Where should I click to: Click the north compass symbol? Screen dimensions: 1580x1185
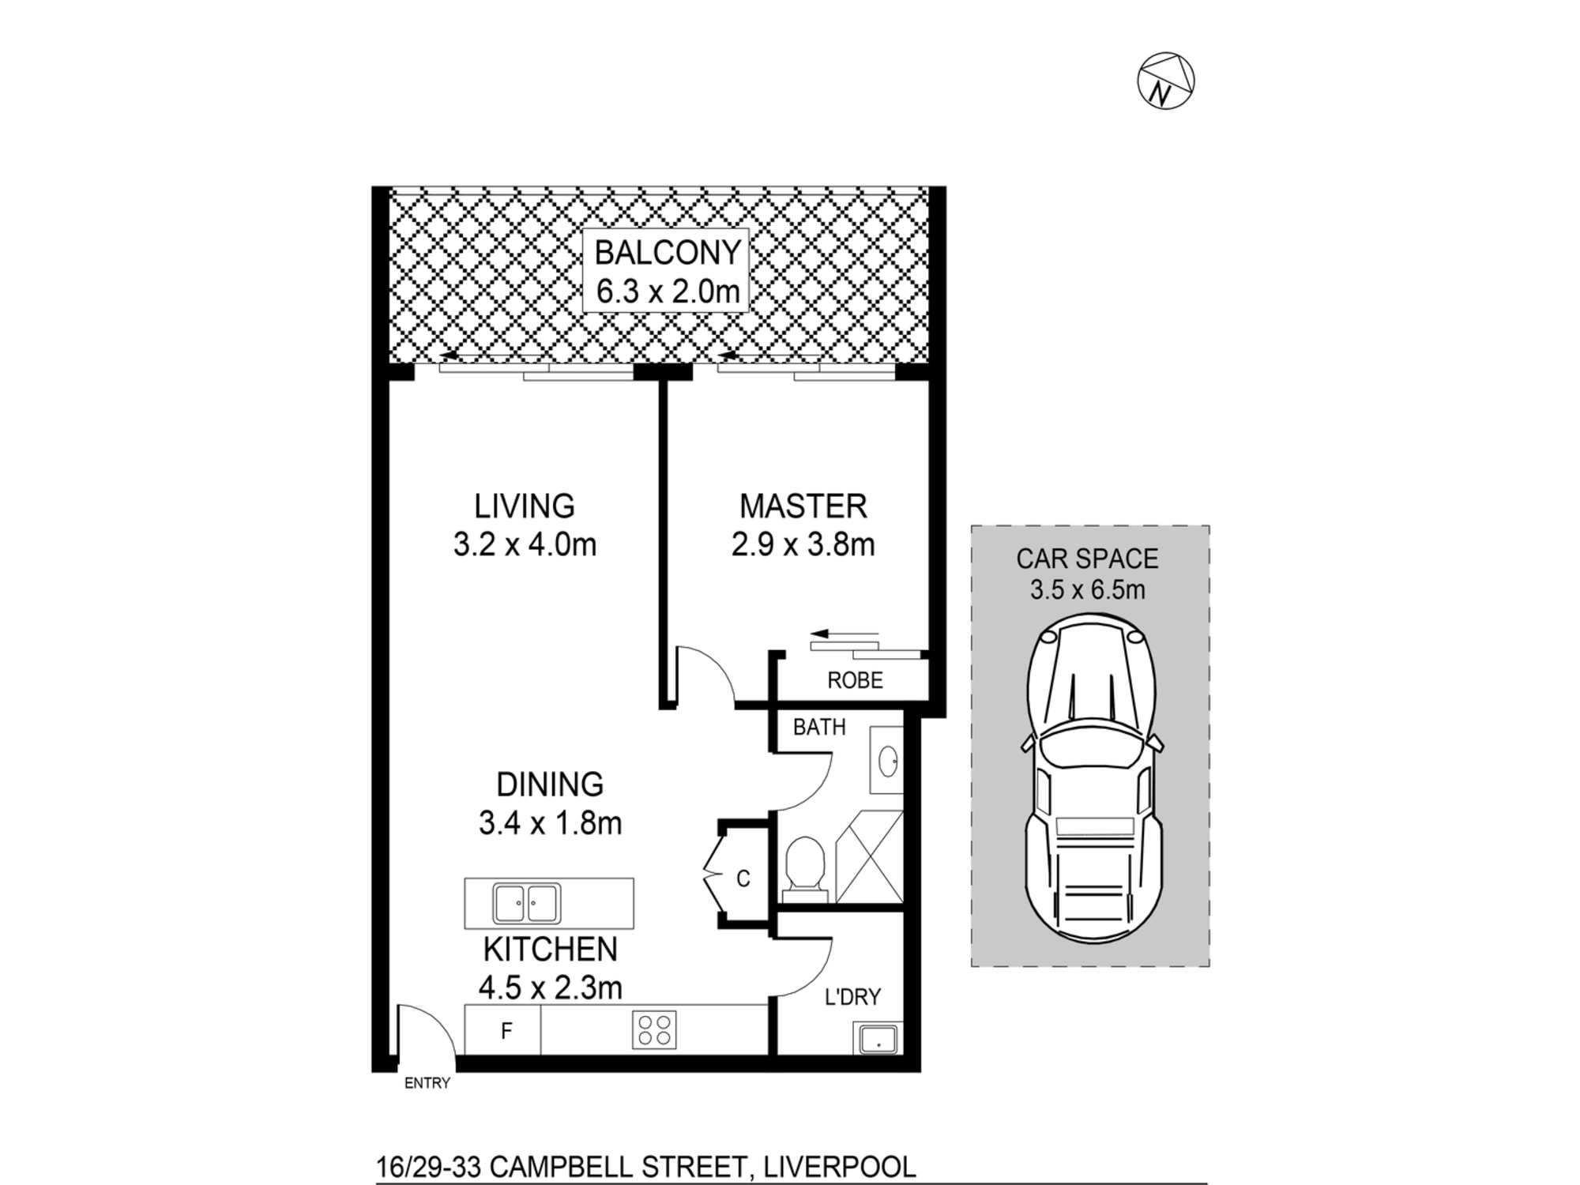(x=1165, y=81)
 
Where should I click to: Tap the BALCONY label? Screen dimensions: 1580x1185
(x=668, y=253)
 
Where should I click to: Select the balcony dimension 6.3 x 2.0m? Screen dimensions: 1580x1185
(x=668, y=292)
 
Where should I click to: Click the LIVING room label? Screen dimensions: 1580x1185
(x=524, y=506)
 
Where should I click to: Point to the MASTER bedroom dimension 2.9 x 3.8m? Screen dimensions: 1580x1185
(x=803, y=545)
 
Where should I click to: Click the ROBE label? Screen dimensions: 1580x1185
(x=855, y=680)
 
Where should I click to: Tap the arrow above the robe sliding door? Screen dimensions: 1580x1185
(x=844, y=634)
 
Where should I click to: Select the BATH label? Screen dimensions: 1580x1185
(x=819, y=727)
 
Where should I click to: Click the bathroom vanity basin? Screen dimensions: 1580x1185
(x=887, y=761)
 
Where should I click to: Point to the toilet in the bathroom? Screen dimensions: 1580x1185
(x=805, y=870)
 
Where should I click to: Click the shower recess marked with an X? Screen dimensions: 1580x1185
(x=869, y=856)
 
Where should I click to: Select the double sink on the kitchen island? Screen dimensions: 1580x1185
(x=527, y=904)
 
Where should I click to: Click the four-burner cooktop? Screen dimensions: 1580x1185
(x=654, y=1030)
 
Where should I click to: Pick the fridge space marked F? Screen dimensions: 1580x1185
(x=503, y=1030)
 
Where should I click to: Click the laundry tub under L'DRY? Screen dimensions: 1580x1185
(x=876, y=1038)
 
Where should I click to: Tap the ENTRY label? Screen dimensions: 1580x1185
(x=427, y=1083)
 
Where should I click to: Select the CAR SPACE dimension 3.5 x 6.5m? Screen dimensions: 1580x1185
(x=1087, y=589)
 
